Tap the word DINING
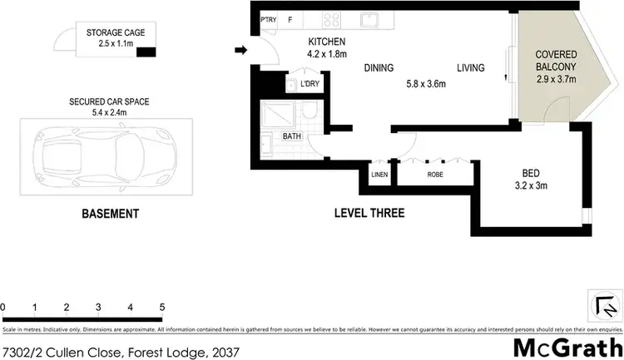379,68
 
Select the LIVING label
472,68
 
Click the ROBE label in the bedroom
435,175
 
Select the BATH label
292,136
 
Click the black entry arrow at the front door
240,52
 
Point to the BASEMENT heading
110,215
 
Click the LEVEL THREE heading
369,215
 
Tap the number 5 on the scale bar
162,308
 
